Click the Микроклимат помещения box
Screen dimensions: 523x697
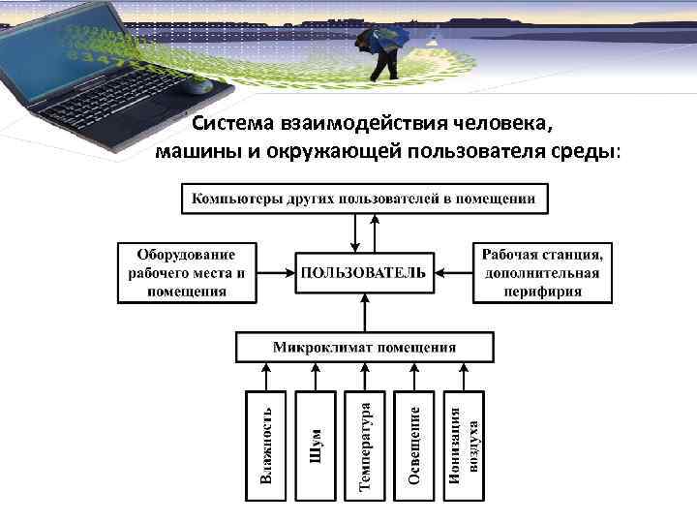[x=364, y=347]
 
